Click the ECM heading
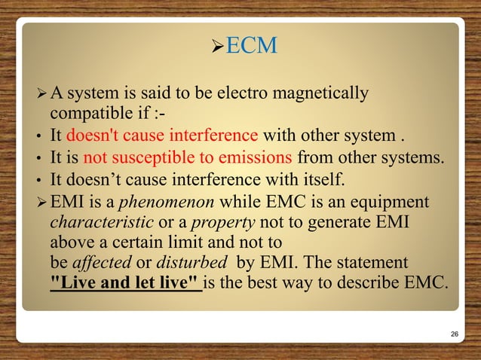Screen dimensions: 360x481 tap(252, 47)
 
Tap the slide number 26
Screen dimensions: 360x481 tap(455, 333)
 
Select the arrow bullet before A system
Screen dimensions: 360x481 tap(40, 95)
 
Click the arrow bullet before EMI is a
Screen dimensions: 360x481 tap(40, 203)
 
